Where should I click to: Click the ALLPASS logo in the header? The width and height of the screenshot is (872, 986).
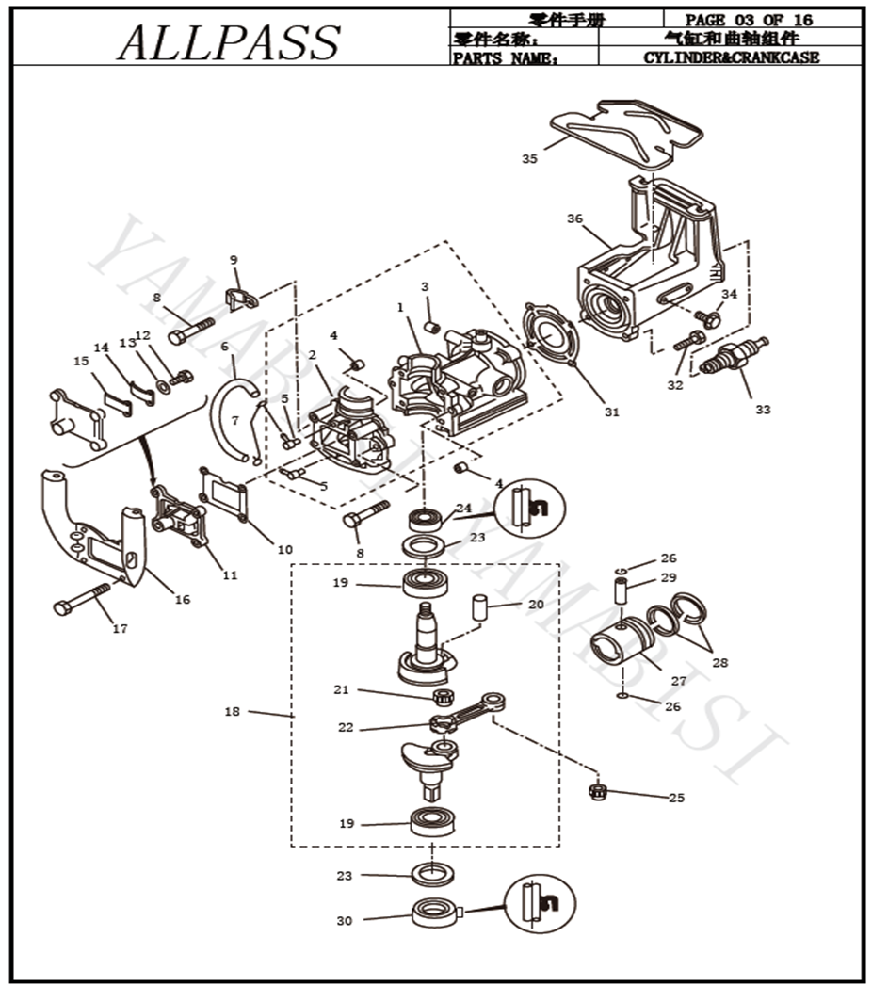click(x=229, y=41)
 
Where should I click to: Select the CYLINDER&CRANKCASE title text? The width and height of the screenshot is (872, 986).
click(x=731, y=57)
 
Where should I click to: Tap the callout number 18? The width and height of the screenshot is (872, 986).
click(x=233, y=712)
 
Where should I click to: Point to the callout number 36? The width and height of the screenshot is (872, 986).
click(x=574, y=218)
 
